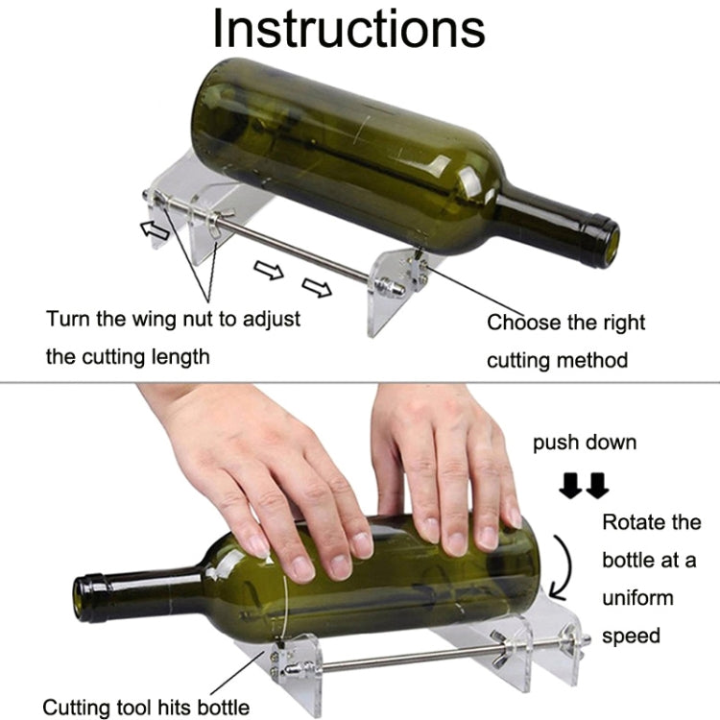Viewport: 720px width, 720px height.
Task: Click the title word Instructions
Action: pyautogui.click(x=348, y=29)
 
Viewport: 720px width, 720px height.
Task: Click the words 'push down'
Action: pyautogui.click(x=585, y=443)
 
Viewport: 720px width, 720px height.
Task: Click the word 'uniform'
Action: pyautogui.click(x=638, y=598)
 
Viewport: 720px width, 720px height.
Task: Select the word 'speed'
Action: pyautogui.click(x=631, y=636)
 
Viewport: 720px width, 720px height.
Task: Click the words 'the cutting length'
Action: pyautogui.click(x=128, y=357)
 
